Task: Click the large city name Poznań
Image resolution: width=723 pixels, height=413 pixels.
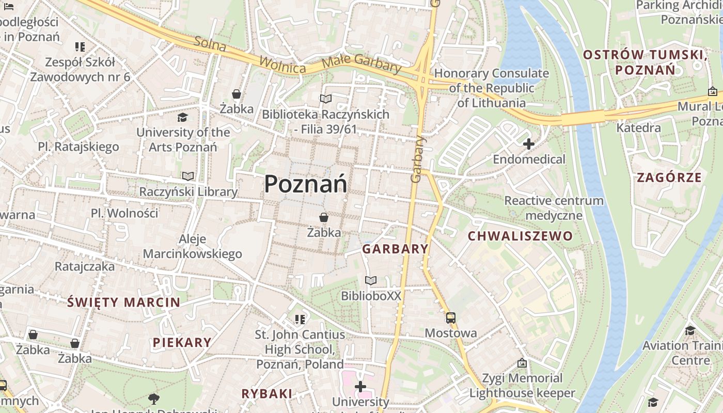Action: pos(306,184)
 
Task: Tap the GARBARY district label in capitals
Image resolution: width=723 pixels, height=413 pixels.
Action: pos(395,249)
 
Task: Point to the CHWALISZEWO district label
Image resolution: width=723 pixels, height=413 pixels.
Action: pos(520,236)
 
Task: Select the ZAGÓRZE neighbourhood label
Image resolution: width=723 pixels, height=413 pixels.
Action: pos(669,178)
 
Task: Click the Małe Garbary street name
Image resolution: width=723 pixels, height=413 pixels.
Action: pos(361,64)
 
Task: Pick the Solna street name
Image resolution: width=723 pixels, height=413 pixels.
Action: pos(210,44)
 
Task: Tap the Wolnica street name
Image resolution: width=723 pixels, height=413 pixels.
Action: pos(282,64)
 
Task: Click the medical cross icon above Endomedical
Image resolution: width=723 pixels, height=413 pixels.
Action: pos(528,144)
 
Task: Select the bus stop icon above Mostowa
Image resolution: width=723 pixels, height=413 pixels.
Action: pos(451,317)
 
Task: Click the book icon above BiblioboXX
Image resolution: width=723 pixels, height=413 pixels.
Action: pos(371,280)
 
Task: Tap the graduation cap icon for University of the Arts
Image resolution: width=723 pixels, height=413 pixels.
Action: pos(182,117)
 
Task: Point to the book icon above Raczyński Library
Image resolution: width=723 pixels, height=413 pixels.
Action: pos(188,177)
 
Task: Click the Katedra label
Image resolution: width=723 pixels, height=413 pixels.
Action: pos(638,128)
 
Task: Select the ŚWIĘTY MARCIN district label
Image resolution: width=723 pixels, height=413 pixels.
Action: pos(124,303)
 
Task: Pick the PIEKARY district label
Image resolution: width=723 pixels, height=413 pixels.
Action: pos(182,342)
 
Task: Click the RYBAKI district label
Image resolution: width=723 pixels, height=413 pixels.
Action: pos(266,393)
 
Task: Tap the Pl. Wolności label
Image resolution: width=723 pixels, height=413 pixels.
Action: pos(124,213)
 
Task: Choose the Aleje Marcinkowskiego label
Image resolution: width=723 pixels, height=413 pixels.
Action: pos(192,246)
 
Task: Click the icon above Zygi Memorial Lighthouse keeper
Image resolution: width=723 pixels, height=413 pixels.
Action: pos(522,363)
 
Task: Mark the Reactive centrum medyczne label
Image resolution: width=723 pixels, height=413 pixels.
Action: pos(554,208)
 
